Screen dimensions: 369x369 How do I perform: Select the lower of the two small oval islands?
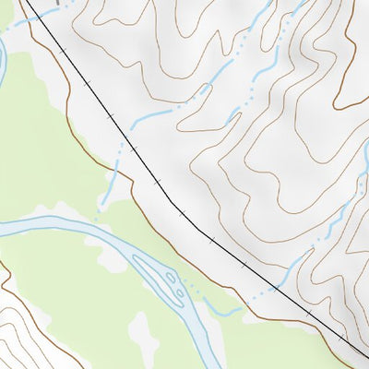click(176, 294)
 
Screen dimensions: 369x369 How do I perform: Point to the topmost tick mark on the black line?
click(64, 50)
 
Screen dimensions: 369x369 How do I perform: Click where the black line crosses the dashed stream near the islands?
click(274, 288)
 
